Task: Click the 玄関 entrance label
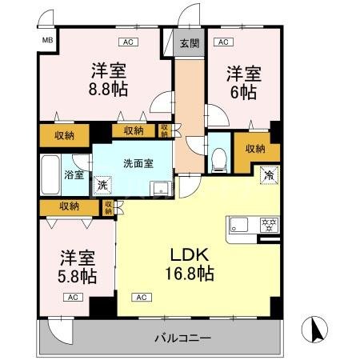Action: point(189,44)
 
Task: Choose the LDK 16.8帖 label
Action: point(190,264)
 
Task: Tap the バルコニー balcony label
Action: point(182,338)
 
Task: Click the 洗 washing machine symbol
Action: point(102,186)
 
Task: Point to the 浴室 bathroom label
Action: point(74,174)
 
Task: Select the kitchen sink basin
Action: point(241,223)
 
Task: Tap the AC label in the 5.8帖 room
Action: point(73,297)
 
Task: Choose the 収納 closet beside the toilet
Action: point(255,148)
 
